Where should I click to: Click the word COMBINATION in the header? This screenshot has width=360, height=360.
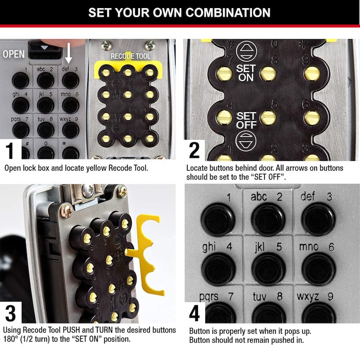click(x=228, y=13)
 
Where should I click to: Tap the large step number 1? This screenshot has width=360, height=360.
click(x=9, y=150)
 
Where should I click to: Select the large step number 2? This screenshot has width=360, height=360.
click(x=194, y=150)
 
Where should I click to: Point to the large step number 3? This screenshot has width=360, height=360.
click(x=10, y=313)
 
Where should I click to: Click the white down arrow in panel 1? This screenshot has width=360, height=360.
click(x=69, y=53)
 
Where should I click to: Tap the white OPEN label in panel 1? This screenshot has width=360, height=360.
click(x=13, y=54)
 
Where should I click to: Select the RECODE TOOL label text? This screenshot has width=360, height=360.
click(x=130, y=56)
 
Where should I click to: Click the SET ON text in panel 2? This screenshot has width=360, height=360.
click(x=246, y=73)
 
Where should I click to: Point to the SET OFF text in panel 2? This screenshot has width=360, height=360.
click(x=246, y=121)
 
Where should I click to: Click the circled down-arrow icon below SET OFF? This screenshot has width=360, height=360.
click(x=246, y=141)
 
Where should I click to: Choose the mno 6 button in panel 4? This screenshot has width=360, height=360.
click(x=319, y=268)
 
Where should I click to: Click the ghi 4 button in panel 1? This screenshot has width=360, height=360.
click(x=21, y=105)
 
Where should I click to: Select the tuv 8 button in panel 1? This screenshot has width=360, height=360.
click(x=46, y=130)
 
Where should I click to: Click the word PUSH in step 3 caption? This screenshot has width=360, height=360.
click(x=72, y=330)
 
